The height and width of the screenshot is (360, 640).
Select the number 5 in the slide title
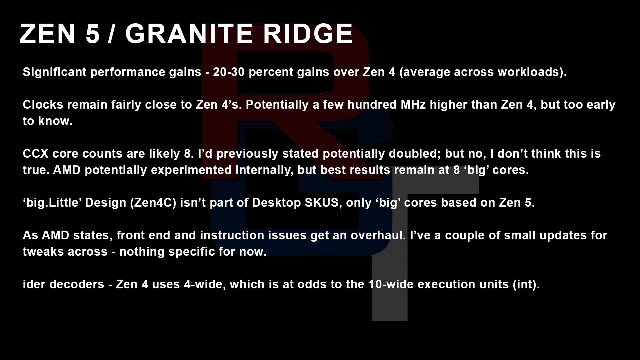tap(93, 34)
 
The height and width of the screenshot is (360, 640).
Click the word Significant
tap(55, 72)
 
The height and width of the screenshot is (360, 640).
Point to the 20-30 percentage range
tap(229, 72)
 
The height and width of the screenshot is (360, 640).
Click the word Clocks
tap(43, 105)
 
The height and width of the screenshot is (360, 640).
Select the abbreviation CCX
tap(36, 154)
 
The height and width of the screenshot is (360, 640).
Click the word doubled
tap(415, 154)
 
